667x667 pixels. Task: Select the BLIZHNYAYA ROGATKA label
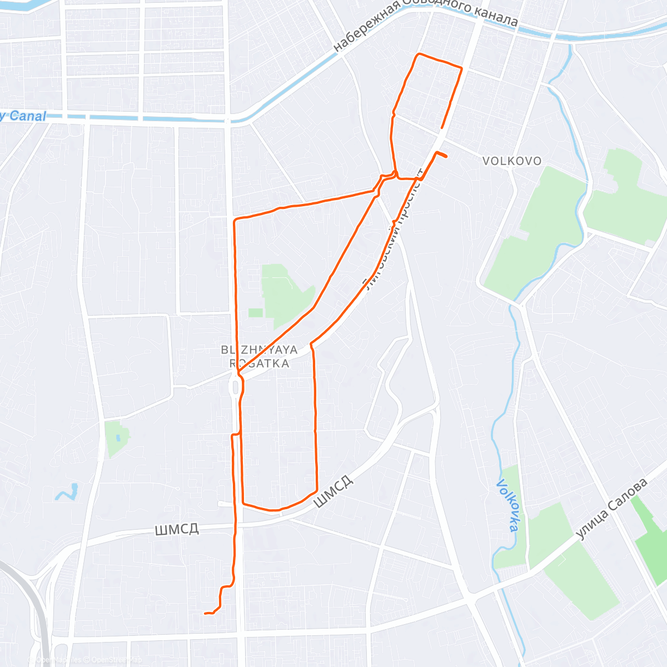pyautogui.click(x=260, y=357)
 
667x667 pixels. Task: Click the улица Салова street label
pyautogui.click(x=611, y=509)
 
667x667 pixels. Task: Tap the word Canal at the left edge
pyautogui.click(x=27, y=116)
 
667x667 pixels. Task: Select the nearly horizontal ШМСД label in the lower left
pyautogui.click(x=177, y=529)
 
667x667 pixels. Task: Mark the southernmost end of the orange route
pyautogui.click(x=206, y=614)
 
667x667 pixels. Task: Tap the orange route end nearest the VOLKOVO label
pyautogui.click(x=446, y=156)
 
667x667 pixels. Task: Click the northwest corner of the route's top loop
pyautogui.click(x=419, y=54)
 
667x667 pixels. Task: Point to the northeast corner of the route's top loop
pyautogui.click(x=461, y=68)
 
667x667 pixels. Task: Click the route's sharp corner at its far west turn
pyautogui.click(x=235, y=221)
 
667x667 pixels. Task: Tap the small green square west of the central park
pyautogui.click(x=255, y=312)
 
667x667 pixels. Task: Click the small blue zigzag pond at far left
pyautogui.click(x=67, y=492)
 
